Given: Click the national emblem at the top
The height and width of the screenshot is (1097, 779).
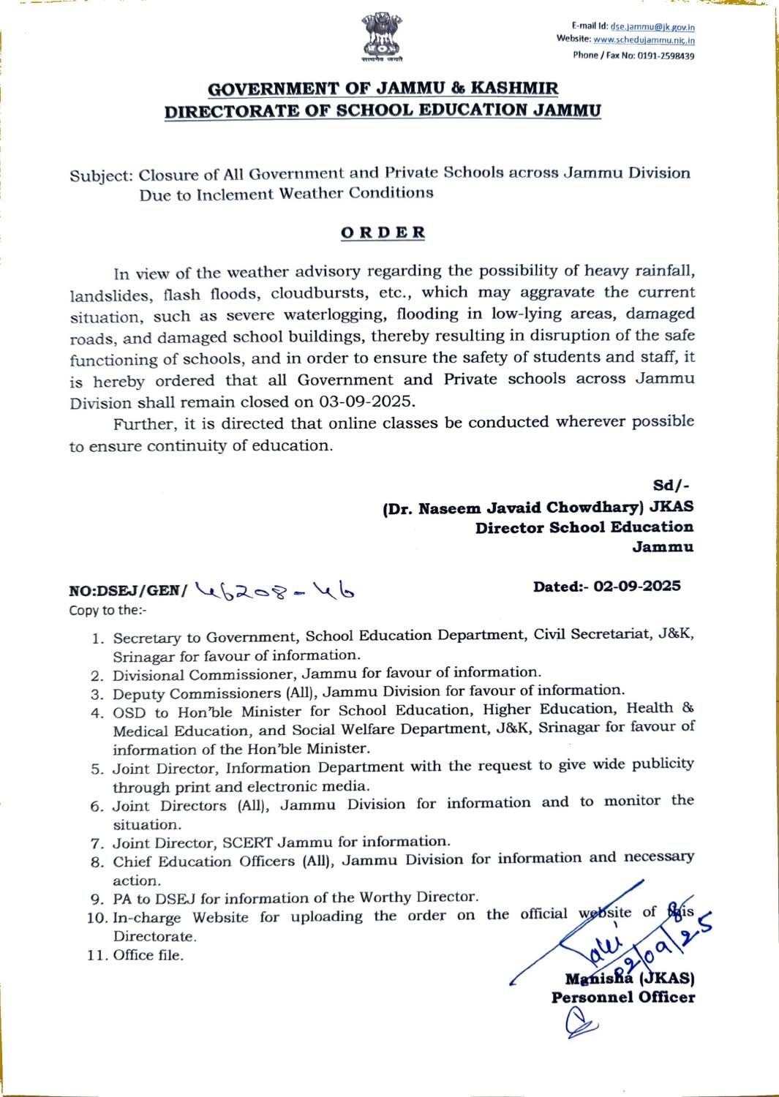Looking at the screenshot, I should tap(381, 37).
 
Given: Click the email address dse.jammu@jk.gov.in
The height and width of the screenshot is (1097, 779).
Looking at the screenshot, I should tap(652, 26).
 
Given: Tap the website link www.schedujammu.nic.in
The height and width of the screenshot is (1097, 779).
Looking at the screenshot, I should tap(644, 40).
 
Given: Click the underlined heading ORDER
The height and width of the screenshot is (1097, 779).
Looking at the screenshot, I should tap(383, 233).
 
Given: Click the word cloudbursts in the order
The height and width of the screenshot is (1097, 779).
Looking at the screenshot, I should tap(317, 293).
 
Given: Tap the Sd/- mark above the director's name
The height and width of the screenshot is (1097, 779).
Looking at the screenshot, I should tap(671, 486).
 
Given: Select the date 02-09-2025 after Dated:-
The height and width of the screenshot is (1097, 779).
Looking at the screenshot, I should tap(637, 587).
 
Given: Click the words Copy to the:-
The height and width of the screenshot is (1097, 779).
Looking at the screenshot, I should tap(108, 610).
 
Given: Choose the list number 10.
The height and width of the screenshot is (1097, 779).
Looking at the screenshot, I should tap(97, 918).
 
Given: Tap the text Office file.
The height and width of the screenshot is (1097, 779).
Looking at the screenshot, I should tap(148, 955).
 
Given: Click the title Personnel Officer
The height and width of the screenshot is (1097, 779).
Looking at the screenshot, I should tap(622, 998).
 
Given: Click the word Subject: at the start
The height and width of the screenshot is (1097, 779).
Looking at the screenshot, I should tap(101, 176).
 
